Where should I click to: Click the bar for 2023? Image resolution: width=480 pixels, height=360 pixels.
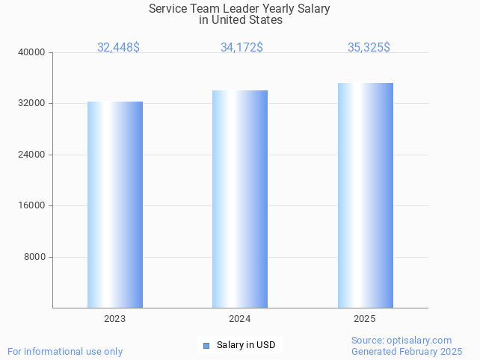[x=115, y=205]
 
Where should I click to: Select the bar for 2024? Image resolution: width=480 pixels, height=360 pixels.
[x=240, y=199]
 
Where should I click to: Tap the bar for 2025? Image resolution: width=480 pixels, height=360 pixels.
[x=365, y=195]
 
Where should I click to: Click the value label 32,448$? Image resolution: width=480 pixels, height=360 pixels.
[x=118, y=47]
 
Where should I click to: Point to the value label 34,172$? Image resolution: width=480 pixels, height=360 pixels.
[x=241, y=47]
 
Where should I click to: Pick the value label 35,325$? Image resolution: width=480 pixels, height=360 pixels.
[x=369, y=47]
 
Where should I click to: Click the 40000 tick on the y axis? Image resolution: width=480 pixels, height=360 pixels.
[x=31, y=52]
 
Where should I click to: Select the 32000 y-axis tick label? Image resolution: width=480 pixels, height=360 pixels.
[x=31, y=104]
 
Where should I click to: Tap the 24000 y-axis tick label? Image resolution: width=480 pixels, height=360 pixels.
[x=31, y=155]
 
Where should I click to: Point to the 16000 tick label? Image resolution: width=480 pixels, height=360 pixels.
[x=31, y=206]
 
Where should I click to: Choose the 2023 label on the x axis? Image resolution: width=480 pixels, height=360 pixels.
[x=114, y=319]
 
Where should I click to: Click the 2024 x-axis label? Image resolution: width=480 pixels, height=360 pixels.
[x=239, y=319]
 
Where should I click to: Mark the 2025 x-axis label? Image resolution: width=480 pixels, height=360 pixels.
[x=364, y=319]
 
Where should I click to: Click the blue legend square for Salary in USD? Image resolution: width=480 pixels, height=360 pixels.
[x=206, y=345]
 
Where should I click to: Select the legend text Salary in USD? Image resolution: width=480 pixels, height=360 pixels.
[x=246, y=345]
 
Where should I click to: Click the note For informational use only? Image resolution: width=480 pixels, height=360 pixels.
[x=65, y=351]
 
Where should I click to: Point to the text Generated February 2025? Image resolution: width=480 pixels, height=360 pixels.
[x=407, y=351]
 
